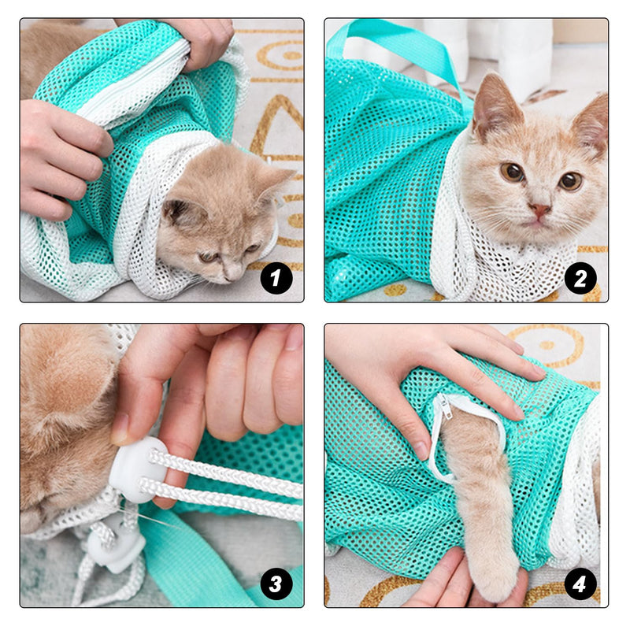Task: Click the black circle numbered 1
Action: click(x=276, y=278)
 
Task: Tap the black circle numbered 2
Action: click(x=580, y=278)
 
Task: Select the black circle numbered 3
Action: click(x=276, y=584)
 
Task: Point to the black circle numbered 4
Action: click(x=580, y=584)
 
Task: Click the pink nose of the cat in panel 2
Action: click(x=539, y=209)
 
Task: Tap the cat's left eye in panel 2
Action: click(x=513, y=172)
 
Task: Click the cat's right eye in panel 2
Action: click(x=570, y=181)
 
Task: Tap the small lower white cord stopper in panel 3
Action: click(x=116, y=545)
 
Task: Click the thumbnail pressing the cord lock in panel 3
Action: click(x=120, y=428)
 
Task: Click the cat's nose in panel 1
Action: click(x=232, y=274)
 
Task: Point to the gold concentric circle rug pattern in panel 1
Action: click(x=281, y=55)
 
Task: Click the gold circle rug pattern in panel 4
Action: click(x=547, y=346)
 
